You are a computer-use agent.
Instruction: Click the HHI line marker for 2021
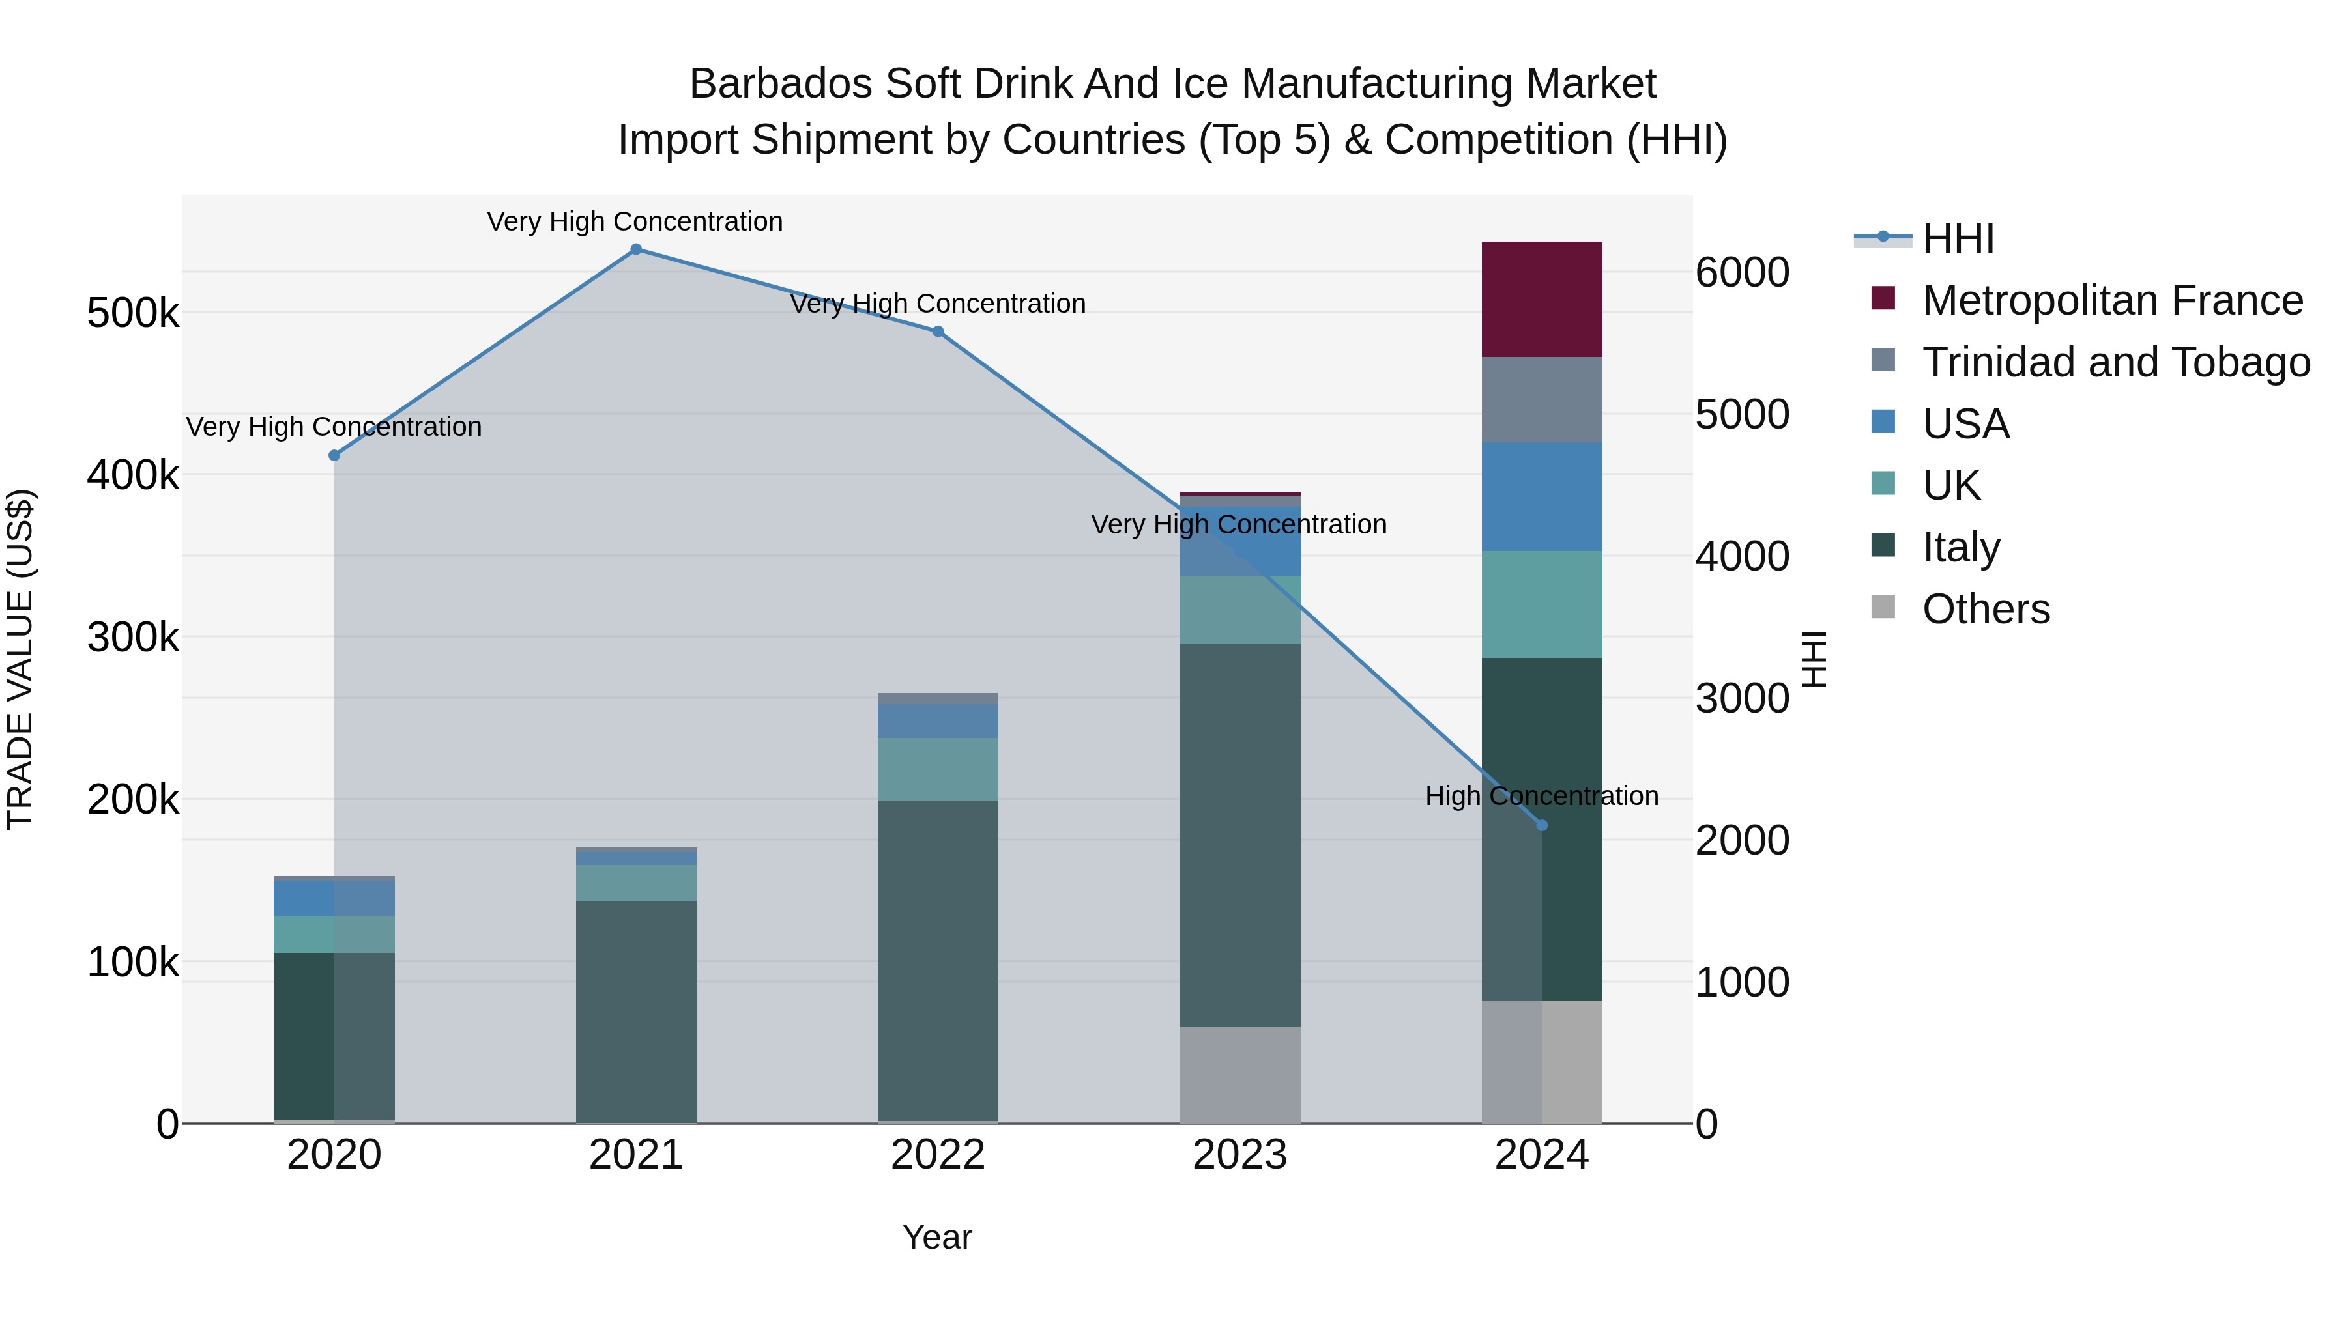coord(635,249)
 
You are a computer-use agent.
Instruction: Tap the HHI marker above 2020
coord(334,455)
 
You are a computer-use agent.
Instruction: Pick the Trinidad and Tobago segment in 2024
coord(1542,400)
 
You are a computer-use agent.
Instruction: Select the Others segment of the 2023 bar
coord(1239,1074)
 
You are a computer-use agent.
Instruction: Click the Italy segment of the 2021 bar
coord(635,1010)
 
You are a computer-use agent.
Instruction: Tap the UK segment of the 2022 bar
coord(938,769)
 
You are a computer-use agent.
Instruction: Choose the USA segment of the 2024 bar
coord(1542,496)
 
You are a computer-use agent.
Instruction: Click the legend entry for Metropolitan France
coord(2112,300)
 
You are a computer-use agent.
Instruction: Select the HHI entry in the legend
coord(1958,238)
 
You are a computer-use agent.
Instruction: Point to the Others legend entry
coord(1986,609)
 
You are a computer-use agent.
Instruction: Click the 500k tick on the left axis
coord(133,314)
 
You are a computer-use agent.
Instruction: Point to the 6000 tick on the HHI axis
coord(1742,272)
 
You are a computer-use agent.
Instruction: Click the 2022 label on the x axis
coord(938,1155)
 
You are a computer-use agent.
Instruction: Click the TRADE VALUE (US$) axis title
coord(20,659)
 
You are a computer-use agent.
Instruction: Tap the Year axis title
coord(937,1237)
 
